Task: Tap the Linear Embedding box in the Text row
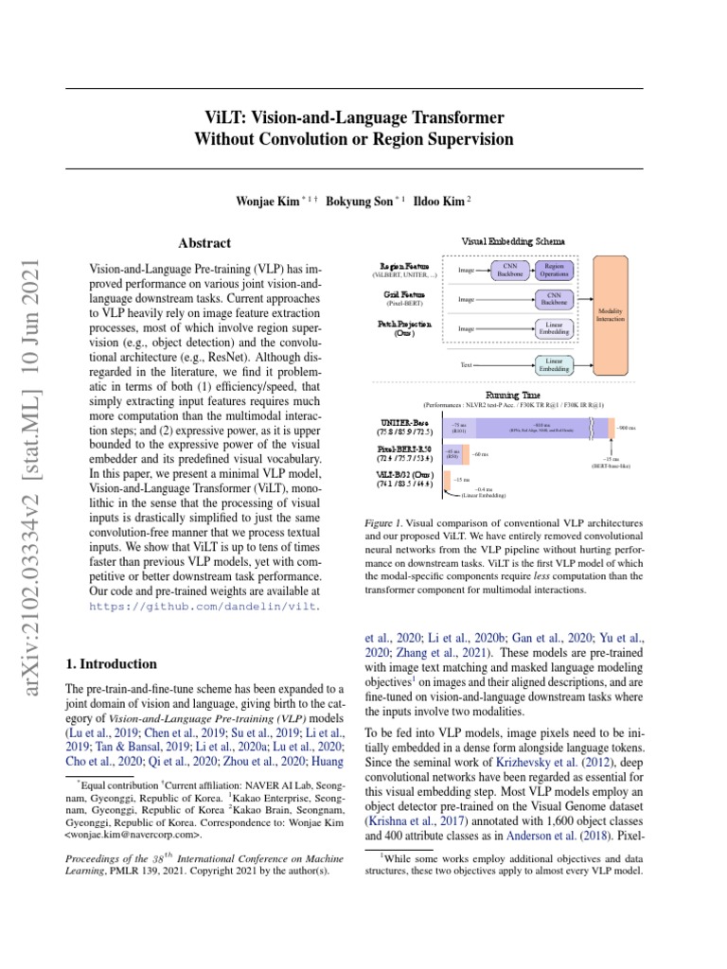pyautogui.click(x=554, y=363)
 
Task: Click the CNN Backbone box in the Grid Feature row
pyautogui.click(x=554, y=299)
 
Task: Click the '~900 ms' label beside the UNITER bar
pyautogui.click(x=626, y=429)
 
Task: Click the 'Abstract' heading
pyautogui.click(x=204, y=243)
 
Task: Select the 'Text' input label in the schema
pyautogui.click(x=466, y=363)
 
